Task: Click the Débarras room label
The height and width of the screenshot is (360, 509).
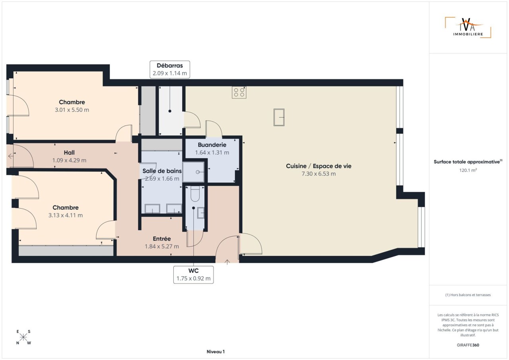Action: coord(170,66)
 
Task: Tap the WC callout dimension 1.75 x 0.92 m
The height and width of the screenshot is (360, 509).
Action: coord(193,278)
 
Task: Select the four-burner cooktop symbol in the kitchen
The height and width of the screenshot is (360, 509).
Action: coord(239,92)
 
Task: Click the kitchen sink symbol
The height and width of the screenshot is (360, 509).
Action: coord(279,117)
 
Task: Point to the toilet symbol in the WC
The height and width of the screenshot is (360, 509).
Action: coord(195,194)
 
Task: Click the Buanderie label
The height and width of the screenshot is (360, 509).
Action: coord(212,145)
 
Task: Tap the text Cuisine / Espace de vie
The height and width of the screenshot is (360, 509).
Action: coord(319,166)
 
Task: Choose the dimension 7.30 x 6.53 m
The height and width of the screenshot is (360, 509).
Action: coord(319,174)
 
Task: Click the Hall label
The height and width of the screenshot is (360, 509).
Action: coord(69,153)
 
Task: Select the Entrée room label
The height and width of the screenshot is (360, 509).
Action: coord(162,239)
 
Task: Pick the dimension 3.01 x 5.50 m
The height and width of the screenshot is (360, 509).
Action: coord(72,110)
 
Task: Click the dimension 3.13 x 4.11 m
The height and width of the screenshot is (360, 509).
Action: coord(66,215)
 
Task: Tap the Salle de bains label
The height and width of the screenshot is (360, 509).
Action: coord(162,171)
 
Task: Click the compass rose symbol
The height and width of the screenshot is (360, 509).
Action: coord(23,337)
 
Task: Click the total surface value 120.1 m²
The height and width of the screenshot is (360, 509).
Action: coord(468,170)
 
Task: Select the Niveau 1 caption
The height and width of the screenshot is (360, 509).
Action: coord(216,352)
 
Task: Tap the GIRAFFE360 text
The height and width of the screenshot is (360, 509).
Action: coord(468,345)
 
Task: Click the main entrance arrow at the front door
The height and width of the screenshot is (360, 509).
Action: coord(227,262)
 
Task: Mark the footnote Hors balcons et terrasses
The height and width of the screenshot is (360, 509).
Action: coord(468,295)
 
